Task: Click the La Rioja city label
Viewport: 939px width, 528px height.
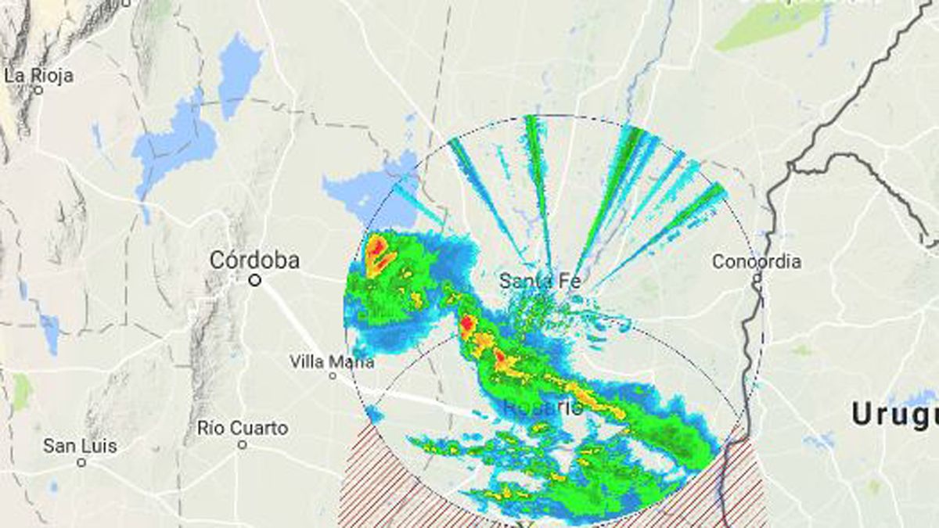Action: click(x=39, y=76)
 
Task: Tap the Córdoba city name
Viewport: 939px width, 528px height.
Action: click(x=254, y=260)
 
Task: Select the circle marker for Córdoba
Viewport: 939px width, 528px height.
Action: click(x=254, y=279)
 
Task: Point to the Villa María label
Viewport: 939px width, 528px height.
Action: click(x=332, y=361)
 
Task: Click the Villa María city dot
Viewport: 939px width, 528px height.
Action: click(x=333, y=375)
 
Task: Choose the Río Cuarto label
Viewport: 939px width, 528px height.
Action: click(x=243, y=429)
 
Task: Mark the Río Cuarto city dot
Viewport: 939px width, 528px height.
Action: click(x=243, y=444)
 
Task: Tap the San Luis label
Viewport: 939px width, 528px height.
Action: click(x=80, y=447)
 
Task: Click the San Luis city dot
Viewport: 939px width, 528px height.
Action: click(x=81, y=462)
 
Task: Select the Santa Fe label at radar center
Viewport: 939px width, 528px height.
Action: click(x=540, y=280)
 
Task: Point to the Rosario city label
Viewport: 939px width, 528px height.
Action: click(x=542, y=408)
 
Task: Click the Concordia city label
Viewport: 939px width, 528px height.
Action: click(x=756, y=261)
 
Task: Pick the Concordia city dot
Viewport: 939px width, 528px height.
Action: click(x=757, y=277)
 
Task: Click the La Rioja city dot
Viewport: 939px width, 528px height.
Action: click(x=38, y=90)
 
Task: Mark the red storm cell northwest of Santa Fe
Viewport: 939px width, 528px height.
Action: click(x=380, y=250)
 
